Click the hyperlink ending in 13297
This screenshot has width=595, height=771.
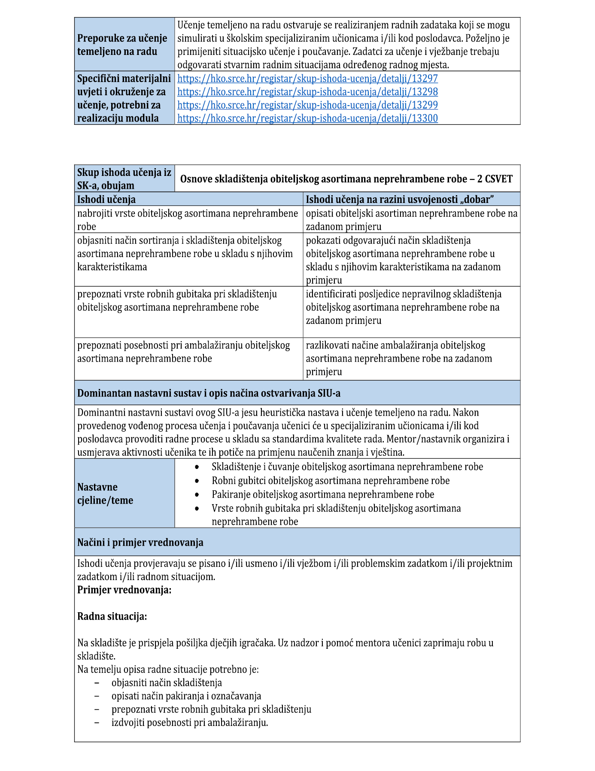point(307,79)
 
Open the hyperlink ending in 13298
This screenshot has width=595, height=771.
point(307,92)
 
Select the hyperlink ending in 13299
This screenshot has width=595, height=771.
point(307,105)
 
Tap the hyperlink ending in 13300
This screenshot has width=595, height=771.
point(307,118)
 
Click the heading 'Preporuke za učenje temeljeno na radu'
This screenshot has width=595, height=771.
point(122,45)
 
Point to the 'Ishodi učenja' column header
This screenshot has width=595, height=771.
point(106,199)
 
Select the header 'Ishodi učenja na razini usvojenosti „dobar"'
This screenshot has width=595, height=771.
point(400,199)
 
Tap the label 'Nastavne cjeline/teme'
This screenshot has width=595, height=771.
point(105,493)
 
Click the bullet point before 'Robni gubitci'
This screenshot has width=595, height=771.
point(197,481)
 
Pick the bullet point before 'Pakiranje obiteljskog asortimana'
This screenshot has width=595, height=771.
point(197,495)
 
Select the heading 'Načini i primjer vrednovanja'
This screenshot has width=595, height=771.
point(140,542)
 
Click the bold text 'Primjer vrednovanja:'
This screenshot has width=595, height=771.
point(124,590)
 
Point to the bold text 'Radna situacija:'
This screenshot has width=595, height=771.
point(112,617)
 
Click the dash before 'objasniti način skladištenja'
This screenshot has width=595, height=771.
point(97,683)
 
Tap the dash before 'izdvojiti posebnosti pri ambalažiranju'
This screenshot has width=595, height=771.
point(97,723)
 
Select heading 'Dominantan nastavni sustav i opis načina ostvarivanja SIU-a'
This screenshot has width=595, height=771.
point(209,393)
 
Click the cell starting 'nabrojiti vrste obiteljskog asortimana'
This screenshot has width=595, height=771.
point(188,220)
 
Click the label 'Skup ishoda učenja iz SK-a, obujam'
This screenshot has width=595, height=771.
point(124,179)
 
